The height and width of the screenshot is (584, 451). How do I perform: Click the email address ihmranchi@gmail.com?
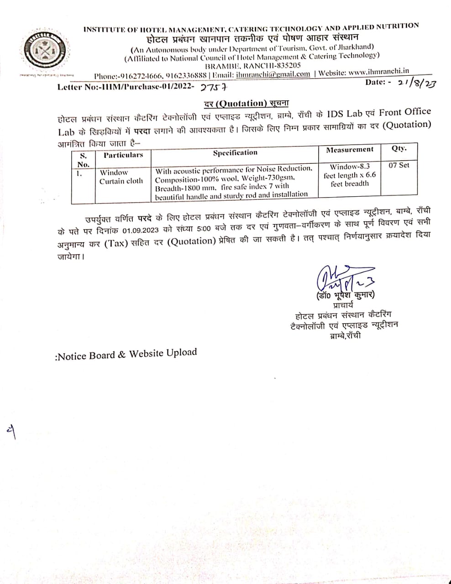click(273, 74)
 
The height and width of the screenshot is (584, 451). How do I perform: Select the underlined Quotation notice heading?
click(246, 103)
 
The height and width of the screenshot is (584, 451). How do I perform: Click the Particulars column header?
click(123, 155)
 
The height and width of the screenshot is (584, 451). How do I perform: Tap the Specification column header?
click(235, 152)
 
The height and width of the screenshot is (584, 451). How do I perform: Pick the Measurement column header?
click(350, 150)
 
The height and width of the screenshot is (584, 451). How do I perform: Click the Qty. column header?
click(399, 148)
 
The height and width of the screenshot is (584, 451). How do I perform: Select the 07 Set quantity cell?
click(399, 165)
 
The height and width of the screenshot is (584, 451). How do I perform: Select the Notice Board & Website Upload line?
click(126, 355)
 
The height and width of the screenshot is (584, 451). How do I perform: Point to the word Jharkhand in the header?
click(356, 47)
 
